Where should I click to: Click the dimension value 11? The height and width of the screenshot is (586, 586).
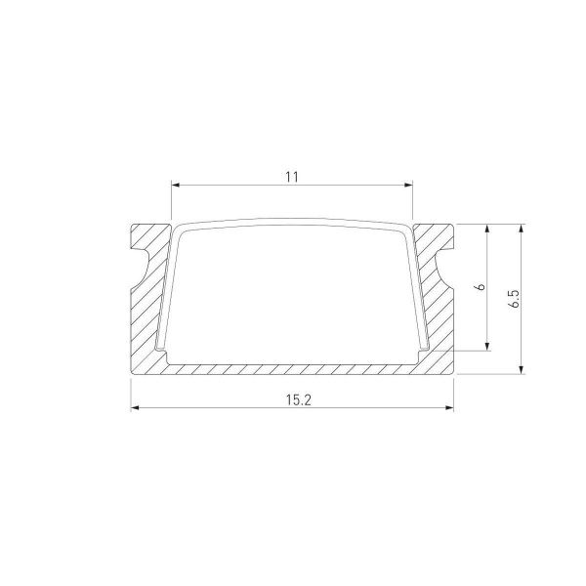pos(291,176)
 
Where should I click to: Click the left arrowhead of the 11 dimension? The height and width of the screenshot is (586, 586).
pos(176,184)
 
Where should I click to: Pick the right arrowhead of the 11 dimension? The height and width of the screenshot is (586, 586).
pos(408,184)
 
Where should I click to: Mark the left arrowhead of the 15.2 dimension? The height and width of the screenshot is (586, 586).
pos(135,407)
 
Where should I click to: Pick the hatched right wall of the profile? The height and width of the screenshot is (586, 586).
pos(437,313)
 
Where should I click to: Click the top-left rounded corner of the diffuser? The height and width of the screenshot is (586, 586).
pos(181,229)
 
